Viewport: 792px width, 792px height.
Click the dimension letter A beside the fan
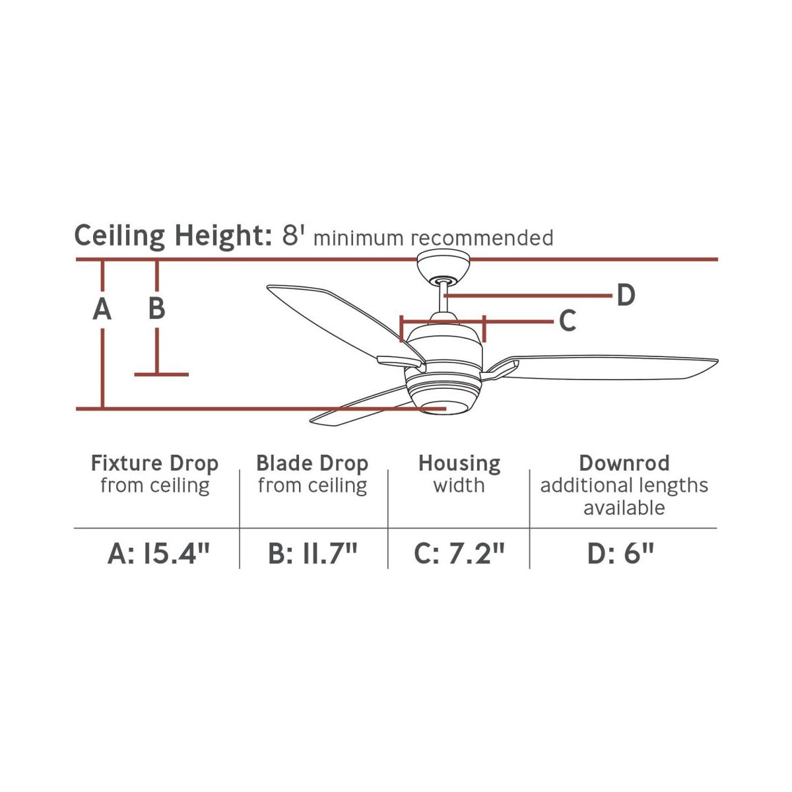click(102, 309)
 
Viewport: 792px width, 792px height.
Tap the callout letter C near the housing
click(568, 321)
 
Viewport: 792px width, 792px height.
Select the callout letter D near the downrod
click(626, 295)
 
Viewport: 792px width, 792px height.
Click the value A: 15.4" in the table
click(158, 554)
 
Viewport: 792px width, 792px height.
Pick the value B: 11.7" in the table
click(313, 554)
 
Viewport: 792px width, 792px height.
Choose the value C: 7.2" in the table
click(459, 554)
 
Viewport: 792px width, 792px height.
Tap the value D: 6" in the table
click(620, 554)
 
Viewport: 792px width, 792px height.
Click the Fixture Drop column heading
click(154, 463)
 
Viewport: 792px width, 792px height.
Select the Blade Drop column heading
click(312, 463)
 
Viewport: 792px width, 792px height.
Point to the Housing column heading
click(459, 464)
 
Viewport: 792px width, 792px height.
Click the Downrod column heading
click(624, 463)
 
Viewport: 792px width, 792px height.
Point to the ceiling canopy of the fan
click(443, 267)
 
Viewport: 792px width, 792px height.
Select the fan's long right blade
click(604, 367)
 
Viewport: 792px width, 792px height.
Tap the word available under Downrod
click(624, 508)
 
